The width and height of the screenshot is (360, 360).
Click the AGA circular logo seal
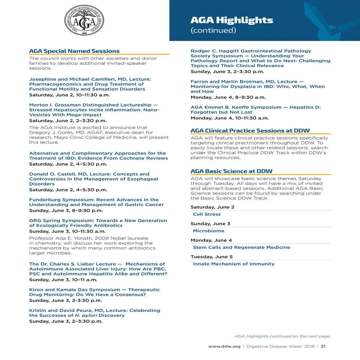coord(84,21)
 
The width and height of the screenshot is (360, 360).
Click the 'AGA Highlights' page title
coord(232,20)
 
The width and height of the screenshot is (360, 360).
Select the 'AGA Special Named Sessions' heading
coord(74,51)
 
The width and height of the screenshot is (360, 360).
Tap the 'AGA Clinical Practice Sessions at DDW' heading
coord(250,130)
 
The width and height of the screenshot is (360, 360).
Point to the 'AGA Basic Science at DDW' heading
coord(231,171)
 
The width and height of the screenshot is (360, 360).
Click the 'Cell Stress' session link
coord(207,214)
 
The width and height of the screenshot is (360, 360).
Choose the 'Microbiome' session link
coord(208,231)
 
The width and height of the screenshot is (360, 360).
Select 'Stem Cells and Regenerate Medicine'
coord(241,247)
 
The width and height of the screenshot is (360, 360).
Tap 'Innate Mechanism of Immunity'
coord(233,264)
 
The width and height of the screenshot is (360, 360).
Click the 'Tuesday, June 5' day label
coord(211,256)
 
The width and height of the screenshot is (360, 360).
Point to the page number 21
coord(323,346)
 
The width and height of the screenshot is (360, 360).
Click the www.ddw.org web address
coord(224,346)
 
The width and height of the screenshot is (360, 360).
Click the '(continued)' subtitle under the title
coord(213,30)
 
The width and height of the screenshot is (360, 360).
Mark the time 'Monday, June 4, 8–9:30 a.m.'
coord(228,97)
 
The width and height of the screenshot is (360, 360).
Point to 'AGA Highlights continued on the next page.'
coord(282,336)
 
